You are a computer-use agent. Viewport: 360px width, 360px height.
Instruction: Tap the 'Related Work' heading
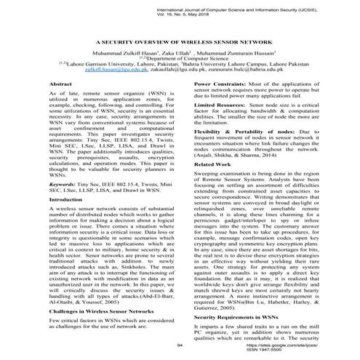coord(212,165)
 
